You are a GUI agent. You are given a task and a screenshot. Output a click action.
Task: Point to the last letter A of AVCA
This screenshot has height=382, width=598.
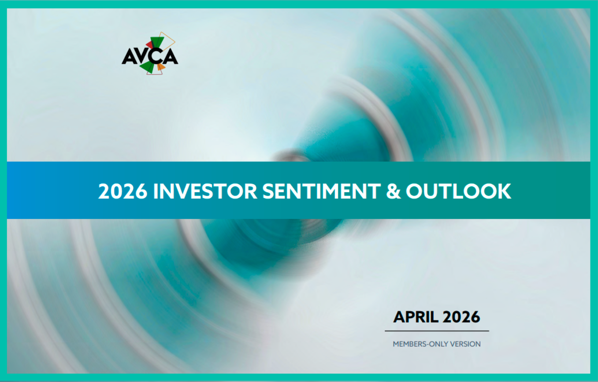[x=170, y=56]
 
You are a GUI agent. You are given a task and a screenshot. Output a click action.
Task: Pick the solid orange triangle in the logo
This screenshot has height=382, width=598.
[x=161, y=67]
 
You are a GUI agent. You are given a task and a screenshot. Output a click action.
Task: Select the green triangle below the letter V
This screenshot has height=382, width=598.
[x=147, y=67]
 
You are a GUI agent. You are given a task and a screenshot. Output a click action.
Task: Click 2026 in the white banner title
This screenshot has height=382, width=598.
[x=123, y=191]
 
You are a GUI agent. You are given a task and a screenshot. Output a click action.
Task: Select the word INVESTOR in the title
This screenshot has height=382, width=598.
[x=205, y=191]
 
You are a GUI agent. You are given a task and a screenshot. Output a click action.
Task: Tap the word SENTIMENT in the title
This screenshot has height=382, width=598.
[x=322, y=191]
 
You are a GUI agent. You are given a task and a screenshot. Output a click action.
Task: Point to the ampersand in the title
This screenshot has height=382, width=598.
[x=394, y=191]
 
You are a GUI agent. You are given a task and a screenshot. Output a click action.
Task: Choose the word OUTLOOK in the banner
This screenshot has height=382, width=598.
[x=458, y=191]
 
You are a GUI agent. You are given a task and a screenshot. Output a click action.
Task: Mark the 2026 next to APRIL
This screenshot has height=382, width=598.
[x=461, y=317]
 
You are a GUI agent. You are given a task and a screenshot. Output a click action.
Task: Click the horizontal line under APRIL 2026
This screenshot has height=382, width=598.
[x=437, y=331]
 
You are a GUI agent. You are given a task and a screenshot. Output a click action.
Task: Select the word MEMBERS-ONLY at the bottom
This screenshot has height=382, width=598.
[x=420, y=344]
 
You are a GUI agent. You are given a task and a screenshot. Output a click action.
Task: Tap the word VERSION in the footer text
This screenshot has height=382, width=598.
[x=465, y=344]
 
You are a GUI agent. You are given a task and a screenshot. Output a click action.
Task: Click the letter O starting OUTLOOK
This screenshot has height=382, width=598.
[x=415, y=191]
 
